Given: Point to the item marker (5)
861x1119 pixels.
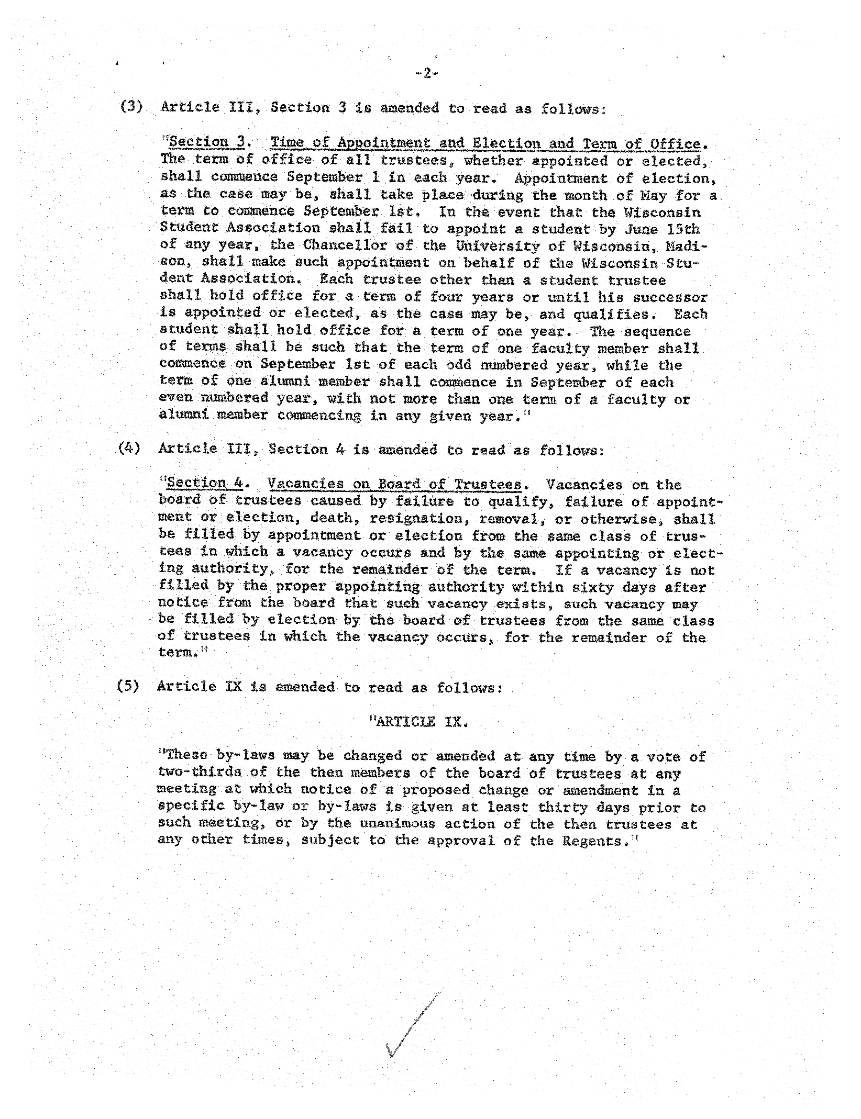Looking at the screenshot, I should point(128,686).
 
